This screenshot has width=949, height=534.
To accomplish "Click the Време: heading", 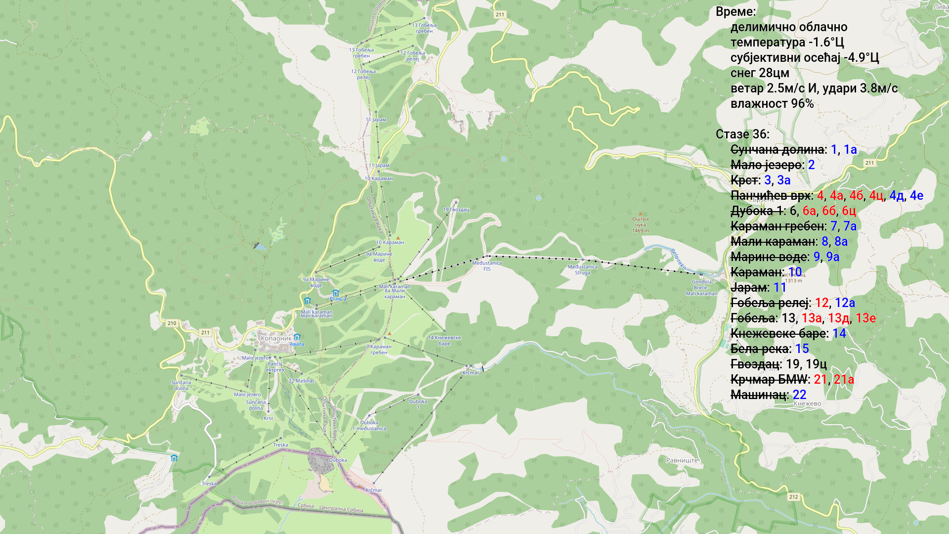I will pos(735,12).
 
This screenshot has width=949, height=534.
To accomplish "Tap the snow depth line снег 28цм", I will pos(760,73).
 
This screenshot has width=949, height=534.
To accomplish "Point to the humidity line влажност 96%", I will pos(772,104).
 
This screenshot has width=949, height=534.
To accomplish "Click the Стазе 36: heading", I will pos(742,134).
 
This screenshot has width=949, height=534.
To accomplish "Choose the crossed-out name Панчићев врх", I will pos(770,196).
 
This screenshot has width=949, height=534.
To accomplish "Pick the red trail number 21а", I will pos(844,380).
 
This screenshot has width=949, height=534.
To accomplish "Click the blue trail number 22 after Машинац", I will pos(799,395).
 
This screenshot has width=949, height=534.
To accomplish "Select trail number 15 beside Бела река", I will pos(802,349).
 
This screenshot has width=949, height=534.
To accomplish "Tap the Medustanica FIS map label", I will pos(487,266).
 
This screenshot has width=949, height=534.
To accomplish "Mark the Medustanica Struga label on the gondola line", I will pos(582,269).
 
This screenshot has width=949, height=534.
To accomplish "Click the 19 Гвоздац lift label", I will pos(456,210).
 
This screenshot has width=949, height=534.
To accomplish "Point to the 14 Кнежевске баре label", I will pos(444,341).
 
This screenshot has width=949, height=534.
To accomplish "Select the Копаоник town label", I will pos(276,339).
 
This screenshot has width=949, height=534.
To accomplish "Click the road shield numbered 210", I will pos(172,323).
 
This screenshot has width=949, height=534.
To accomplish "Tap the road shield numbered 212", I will pos(793,497).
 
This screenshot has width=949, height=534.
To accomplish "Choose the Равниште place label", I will pos(682,460).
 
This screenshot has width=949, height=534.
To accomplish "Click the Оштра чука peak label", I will pos(640,222).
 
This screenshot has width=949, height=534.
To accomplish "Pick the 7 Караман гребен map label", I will pos(379,350).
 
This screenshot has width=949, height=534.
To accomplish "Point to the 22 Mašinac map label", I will pos(302,381).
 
